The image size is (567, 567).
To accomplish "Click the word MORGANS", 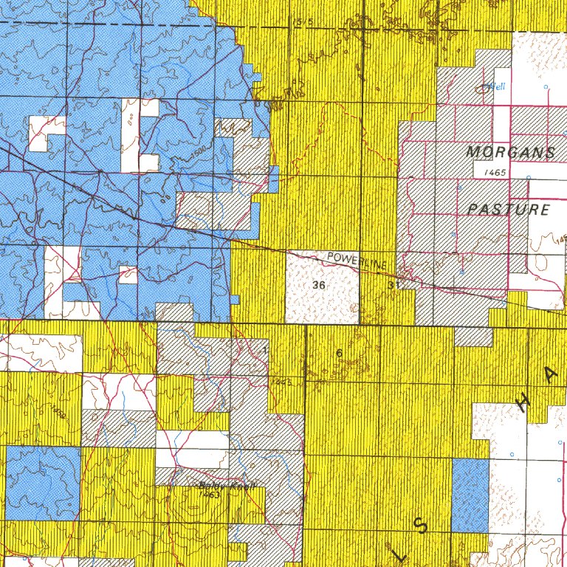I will (x=510, y=153).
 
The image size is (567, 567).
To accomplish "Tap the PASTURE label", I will (x=509, y=210).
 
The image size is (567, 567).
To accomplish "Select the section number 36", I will (x=319, y=284).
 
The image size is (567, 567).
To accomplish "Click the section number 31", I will (x=392, y=284).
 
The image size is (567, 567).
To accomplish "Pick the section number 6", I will (x=339, y=353).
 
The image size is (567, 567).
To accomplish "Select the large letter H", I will (x=524, y=403).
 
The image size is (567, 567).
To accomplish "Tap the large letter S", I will (x=421, y=526).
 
